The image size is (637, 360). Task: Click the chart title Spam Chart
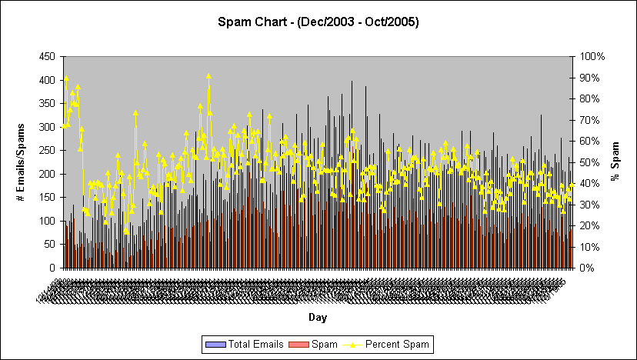point(318,22)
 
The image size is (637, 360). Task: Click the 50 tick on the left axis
point(48,245)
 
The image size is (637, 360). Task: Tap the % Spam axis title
point(615,162)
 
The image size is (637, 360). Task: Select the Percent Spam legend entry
point(397,344)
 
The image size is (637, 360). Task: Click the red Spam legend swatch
point(295,344)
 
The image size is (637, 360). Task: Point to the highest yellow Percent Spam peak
point(208,75)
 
